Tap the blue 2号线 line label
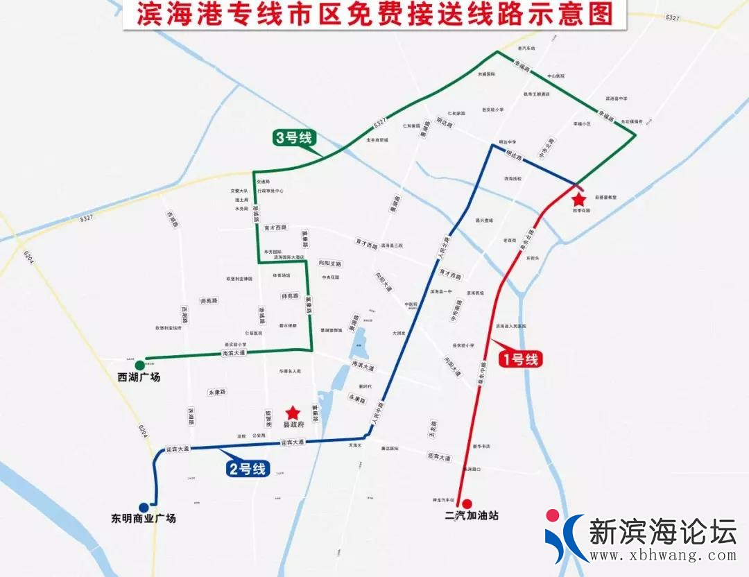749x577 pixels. [248, 469]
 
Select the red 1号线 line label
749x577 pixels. [519, 359]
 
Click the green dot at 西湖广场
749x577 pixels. [140, 365]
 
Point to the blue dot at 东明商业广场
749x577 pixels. [144, 507]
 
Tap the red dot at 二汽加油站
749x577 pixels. [467, 503]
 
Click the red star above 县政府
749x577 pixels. [293, 413]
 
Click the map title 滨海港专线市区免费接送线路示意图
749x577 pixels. [374, 16]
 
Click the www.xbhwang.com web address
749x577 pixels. [662, 556]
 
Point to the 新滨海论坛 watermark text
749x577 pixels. [662, 532]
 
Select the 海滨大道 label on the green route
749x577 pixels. [234, 353]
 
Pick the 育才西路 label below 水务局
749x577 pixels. [275, 227]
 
